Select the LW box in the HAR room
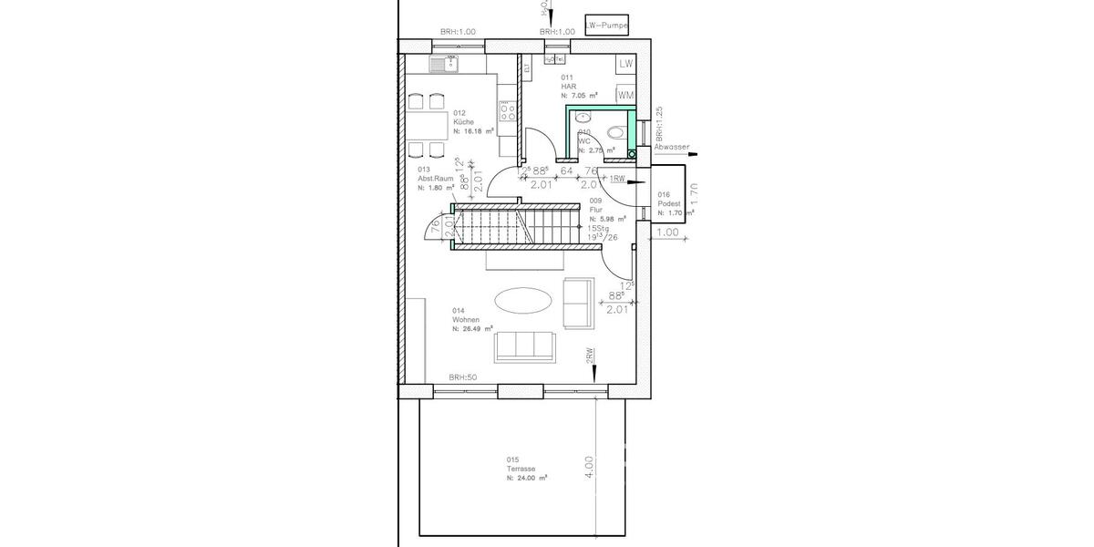[625, 64]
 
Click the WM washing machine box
[625, 94]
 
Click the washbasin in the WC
[583, 117]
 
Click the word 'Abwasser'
[672, 147]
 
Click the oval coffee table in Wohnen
[522, 299]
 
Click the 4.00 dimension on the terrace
[590, 466]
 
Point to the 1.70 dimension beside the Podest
[693, 192]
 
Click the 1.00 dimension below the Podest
[668, 232]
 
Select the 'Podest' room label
[669, 203]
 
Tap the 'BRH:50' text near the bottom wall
[462, 377]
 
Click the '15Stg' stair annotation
[598, 229]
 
